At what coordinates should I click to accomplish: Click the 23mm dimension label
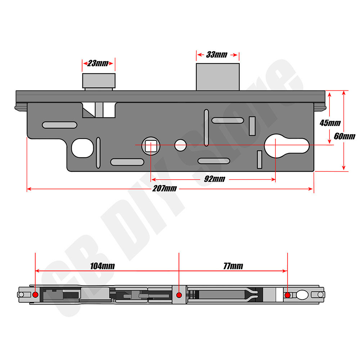(98, 64)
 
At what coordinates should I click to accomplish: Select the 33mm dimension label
(217, 55)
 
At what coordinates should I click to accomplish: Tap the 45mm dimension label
(330, 123)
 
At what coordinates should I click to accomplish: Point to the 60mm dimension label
(345, 136)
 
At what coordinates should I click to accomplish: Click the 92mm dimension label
(214, 179)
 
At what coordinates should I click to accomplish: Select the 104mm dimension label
(103, 266)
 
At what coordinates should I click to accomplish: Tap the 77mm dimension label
(233, 266)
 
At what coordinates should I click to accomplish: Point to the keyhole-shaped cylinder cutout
(287, 146)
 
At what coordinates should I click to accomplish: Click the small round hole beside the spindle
(181, 145)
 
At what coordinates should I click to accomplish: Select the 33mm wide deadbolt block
(218, 77)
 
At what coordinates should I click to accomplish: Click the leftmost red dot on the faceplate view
(35, 295)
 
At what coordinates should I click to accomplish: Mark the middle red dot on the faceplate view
(179, 295)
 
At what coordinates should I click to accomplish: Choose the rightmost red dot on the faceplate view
(287, 295)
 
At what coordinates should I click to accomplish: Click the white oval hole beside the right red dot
(302, 295)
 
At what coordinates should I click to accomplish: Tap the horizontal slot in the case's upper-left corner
(59, 125)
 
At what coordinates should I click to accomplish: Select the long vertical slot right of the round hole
(206, 128)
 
